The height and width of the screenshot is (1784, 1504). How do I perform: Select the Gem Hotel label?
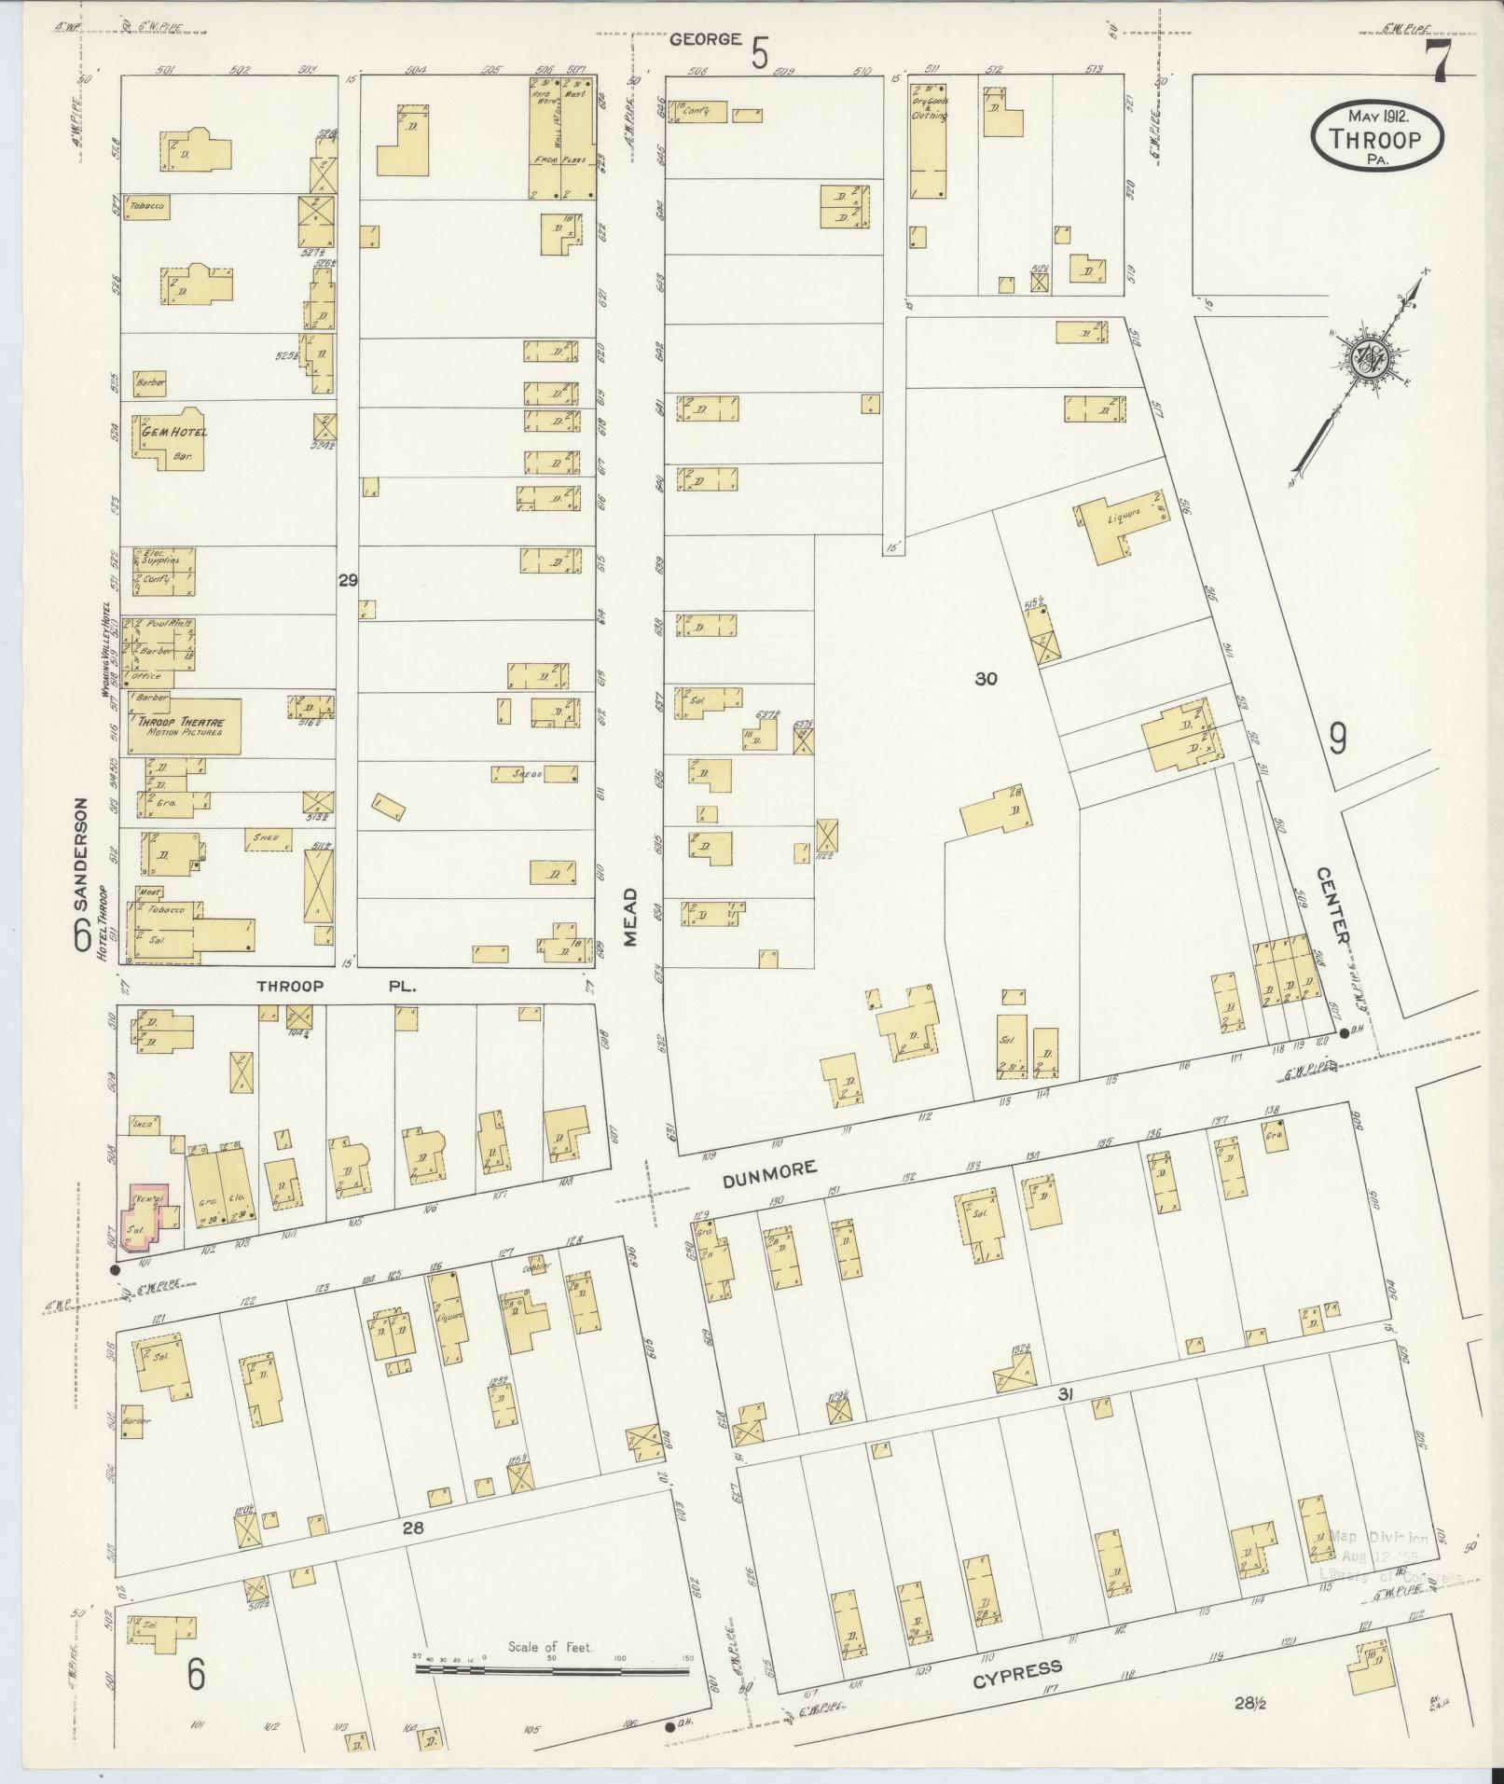[174, 432]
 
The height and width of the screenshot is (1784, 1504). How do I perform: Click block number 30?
[986, 679]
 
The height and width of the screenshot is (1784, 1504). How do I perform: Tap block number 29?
[348, 580]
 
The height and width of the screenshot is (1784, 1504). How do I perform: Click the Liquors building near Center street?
[1120, 525]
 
